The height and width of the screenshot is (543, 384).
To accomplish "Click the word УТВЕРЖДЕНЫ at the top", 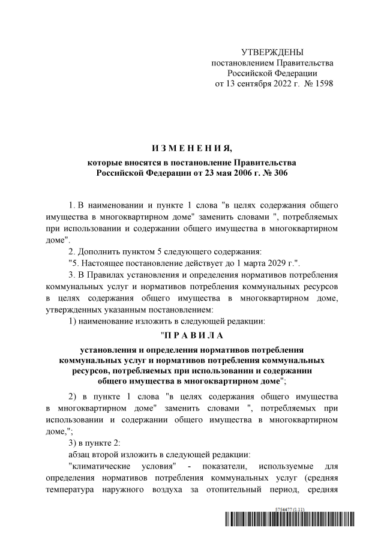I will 272,52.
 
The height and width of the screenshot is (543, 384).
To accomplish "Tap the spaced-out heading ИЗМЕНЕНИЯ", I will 191,148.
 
